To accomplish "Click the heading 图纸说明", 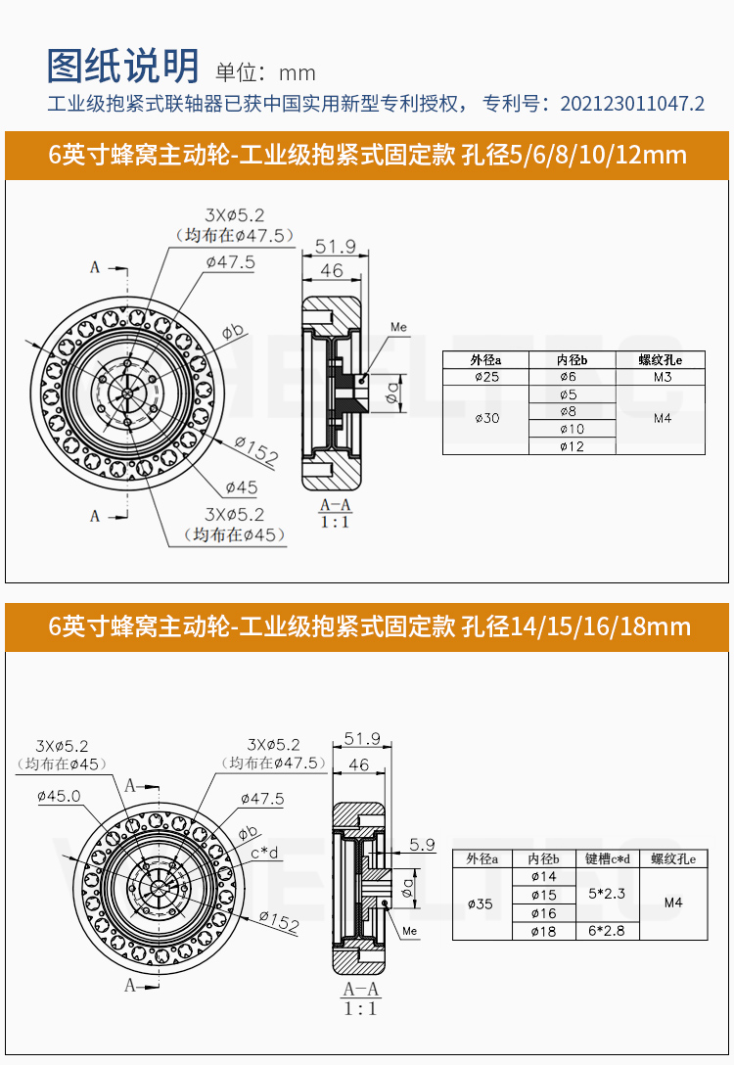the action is tap(123, 66).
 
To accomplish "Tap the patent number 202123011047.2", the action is tap(632, 103).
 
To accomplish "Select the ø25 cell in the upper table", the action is tap(485, 377).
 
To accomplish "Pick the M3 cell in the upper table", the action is tap(662, 377).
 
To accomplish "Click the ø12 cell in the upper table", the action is tap(573, 446).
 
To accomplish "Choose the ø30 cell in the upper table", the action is tap(486, 418).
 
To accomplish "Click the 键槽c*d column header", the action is tap(608, 859).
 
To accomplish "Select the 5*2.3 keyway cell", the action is tap(607, 893).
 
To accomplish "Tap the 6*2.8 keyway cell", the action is tap(607, 931).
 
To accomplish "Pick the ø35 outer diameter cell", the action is tap(481, 904).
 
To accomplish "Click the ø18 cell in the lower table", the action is tap(544, 931).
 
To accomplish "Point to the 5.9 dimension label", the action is tap(422, 844).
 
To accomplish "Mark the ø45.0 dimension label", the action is tap(59, 796).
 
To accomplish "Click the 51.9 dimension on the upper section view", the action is tap(336, 246).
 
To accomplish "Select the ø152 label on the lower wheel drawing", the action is tap(279, 921).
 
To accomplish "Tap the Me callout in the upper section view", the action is tap(398, 327).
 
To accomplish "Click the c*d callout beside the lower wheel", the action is tap(265, 853).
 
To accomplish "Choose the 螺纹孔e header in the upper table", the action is tap(661, 360).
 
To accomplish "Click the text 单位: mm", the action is tap(265, 72).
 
